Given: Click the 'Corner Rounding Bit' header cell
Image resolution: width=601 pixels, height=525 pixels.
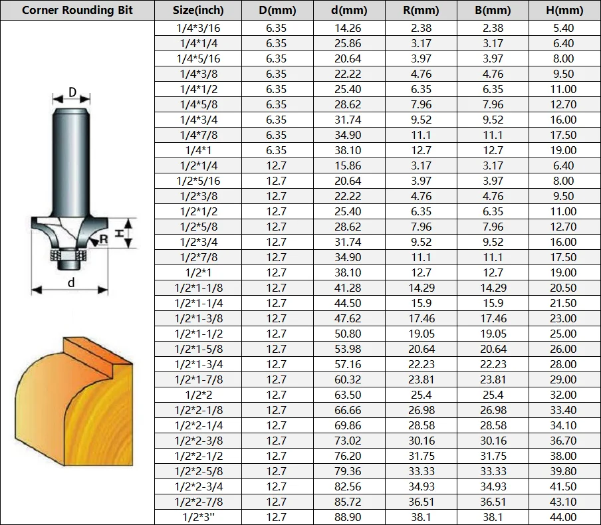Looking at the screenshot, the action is [77, 10].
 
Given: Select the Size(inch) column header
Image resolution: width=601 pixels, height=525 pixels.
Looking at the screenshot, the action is [198, 10].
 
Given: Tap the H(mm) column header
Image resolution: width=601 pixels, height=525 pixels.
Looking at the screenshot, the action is [564, 10].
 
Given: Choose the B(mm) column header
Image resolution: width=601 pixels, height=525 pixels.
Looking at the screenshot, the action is [493, 10].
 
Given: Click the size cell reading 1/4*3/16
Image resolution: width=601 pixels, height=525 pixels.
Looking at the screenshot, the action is [198, 28].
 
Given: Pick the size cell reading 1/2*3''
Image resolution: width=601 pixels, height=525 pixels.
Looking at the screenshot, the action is [198, 517].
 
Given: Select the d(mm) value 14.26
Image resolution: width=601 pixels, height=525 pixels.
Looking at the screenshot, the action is [348, 28].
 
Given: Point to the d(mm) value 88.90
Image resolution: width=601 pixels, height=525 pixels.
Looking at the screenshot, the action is [348, 517].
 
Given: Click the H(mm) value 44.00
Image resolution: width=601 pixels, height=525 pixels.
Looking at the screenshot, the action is [563, 517].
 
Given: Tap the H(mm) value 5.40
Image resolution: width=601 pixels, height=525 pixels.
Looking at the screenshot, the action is [563, 28].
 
